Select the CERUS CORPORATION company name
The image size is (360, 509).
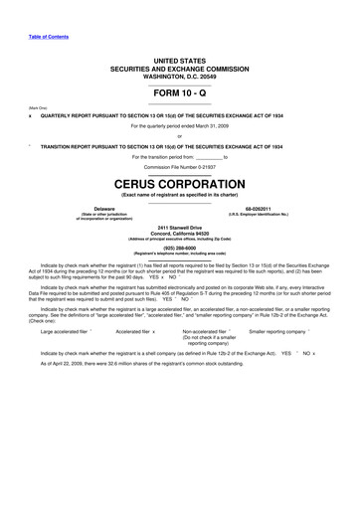tap(180, 184)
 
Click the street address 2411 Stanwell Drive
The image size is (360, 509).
tap(180, 228)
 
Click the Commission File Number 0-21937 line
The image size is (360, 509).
tap(180, 168)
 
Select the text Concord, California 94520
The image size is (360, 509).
tap(180, 234)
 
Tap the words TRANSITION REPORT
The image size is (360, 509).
tap(70, 146)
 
